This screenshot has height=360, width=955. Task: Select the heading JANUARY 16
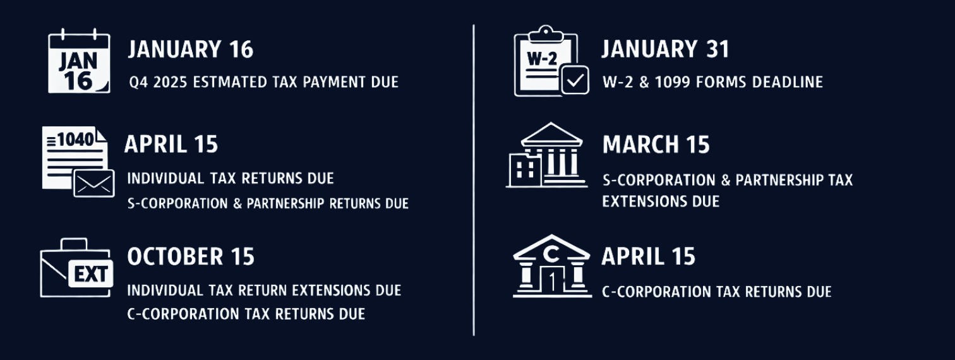(x=191, y=49)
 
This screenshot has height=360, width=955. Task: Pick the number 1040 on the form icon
(x=75, y=139)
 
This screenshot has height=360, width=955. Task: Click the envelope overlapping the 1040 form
(x=94, y=183)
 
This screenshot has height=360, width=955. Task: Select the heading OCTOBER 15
(x=191, y=256)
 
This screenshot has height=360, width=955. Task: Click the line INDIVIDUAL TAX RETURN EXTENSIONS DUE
(x=264, y=291)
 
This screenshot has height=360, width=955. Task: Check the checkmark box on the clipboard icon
(x=574, y=80)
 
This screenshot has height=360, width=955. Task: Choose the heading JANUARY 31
(x=664, y=49)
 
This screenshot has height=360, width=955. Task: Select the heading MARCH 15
(x=656, y=145)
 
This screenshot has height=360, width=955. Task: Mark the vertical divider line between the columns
(x=474, y=180)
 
